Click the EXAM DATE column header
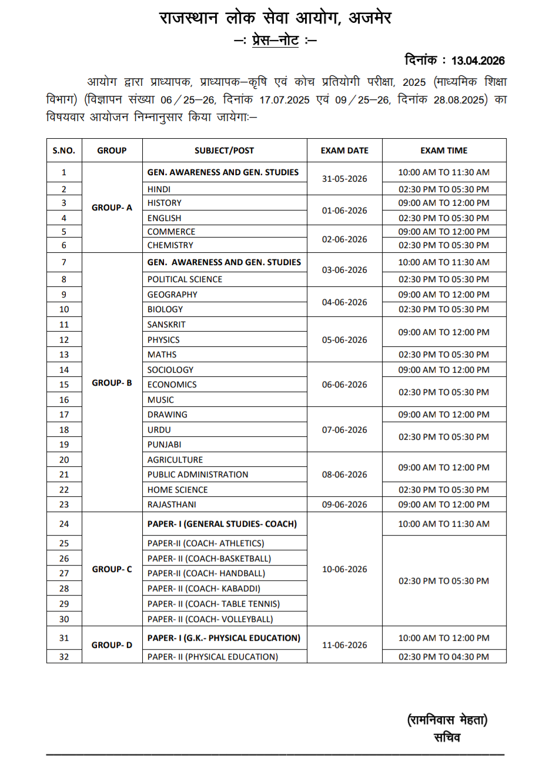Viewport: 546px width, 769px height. pyautogui.click(x=344, y=151)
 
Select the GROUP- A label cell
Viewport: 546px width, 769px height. pyautogui.click(x=112, y=208)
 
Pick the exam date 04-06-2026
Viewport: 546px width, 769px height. pyautogui.click(x=344, y=302)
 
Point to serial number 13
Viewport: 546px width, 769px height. pyautogui.click(x=64, y=355)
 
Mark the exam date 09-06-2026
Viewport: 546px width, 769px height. pyautogui.click(x=344, y=504)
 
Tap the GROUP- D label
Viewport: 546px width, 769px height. pyautogui.click(x=112, y=645)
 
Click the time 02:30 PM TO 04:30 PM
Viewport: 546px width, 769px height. pyautogui.click(x=444, y=657)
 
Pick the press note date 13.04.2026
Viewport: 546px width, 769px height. pyautogui.click(x=478, y=61)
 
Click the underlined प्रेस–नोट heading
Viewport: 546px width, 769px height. pyautogui.click(x=275, y=41)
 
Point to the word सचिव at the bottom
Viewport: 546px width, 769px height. pyautogui.click(x=447, y=737)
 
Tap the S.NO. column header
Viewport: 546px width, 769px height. pyautogui.click(x=64, y=151)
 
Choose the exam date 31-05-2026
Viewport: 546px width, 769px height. pyautogui.click(x=344, y=179)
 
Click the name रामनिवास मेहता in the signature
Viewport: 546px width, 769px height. pyautogui.click(x=447, y=720)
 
